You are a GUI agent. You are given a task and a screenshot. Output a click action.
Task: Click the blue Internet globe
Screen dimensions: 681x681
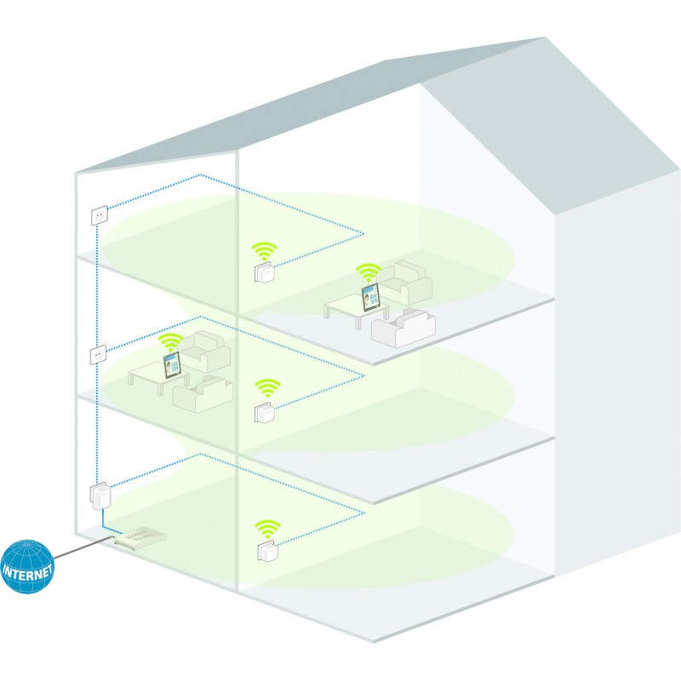[28, 566]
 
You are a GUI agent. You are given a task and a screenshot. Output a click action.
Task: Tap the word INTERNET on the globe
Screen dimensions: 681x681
[28, 568]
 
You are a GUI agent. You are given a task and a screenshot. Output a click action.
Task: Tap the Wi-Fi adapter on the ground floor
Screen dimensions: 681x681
[265, 549]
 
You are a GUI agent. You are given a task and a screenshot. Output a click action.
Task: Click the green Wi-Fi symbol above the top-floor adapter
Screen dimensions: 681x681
[265, 252]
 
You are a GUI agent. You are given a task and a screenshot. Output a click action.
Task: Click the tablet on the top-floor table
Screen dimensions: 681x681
[370, 296]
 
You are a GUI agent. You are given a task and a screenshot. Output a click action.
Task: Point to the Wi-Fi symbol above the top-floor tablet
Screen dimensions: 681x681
[369, 272]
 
